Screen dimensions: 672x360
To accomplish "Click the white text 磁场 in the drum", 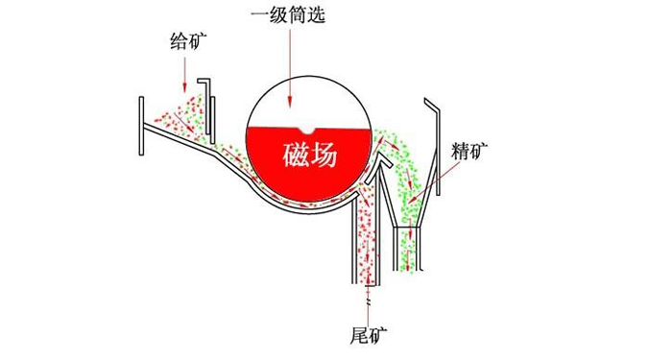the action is coord(310,155).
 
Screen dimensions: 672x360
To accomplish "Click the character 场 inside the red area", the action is coord(324,155).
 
